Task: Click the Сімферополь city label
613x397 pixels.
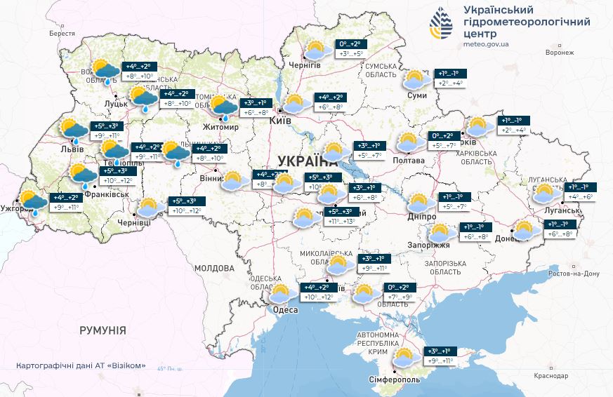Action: pyautogui.click(x=395, y=379)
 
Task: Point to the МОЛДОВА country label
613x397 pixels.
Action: pyautogui.click(x=214, y=269)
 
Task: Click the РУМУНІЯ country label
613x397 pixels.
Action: pyautogui.click(x=103, y=330)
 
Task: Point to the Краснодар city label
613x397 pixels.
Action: pyautogui.click(x=551, y=376)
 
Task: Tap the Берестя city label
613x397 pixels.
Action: pyautogui.click(x=62, y=33)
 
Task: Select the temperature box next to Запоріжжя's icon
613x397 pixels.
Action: pyautogui.click(x=477, y=231)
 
